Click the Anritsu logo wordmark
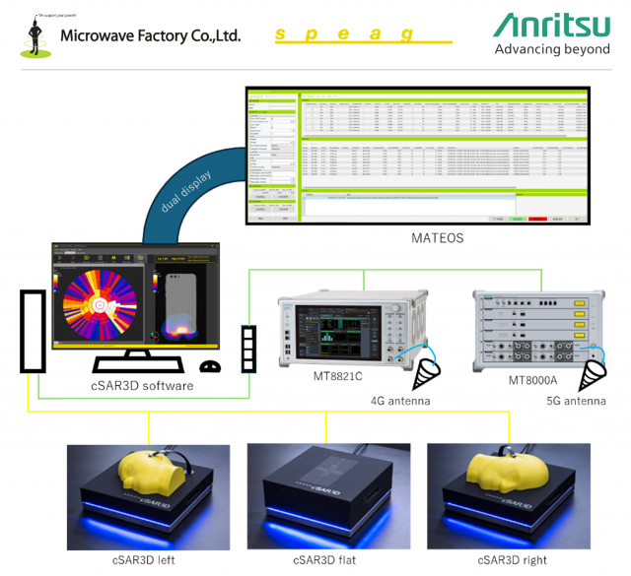tap(551, 25)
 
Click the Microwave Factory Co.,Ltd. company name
tap(150, 35)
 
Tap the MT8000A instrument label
tap(534, 380)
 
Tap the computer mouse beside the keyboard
tap(209, 367)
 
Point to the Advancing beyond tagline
tap(551, 49)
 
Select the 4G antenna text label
tap(400, 401)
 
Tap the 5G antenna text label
tap(576, 401)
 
